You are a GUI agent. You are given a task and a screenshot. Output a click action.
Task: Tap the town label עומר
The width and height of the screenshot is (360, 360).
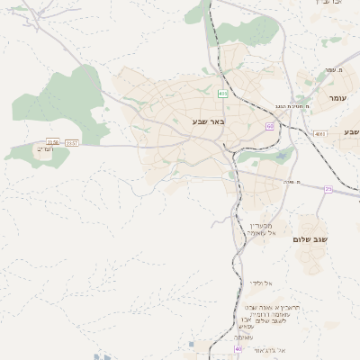click(337, 98)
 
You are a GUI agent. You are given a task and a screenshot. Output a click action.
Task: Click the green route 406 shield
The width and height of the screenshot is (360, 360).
click(221, 94)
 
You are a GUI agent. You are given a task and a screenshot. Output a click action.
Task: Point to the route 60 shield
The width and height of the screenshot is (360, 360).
click(269, 126)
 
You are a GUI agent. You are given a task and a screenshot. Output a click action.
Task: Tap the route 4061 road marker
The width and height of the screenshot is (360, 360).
click(320, 133)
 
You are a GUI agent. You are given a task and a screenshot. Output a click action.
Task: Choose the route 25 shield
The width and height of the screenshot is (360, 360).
click(328, 189)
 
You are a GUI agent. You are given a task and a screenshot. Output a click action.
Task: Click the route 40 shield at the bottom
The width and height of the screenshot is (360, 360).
click(238, 348)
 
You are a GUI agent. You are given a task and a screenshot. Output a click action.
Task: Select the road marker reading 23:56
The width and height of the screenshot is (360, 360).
click(53, 142)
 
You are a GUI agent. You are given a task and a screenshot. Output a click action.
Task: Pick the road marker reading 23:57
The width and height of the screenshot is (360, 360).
click(72, 142)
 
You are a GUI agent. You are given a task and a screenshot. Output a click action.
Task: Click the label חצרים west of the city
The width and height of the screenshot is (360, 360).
click(47, 149)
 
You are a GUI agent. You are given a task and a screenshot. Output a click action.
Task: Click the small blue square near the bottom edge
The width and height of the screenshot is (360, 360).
click(193, 344)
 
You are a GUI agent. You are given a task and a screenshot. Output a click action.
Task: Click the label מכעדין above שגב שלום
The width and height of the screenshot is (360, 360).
click(264, 226)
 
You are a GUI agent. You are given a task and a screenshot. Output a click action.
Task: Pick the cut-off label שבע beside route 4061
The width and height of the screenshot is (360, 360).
click(350, 132)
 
